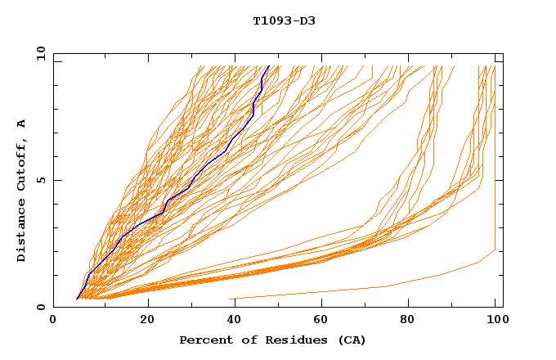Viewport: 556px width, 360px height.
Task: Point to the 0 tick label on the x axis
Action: [x=53, y=320]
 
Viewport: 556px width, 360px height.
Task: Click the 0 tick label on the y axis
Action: [x=40, y=308]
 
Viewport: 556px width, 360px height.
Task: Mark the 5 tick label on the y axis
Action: [x=40, y=180]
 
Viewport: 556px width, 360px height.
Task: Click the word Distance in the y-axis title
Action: [x=22, y=233]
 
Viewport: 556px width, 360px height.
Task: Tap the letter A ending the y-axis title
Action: [x=22, y=124]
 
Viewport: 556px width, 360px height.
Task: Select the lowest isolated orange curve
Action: [x=384, y=286]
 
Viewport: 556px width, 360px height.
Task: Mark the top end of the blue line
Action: [x=269, y=65]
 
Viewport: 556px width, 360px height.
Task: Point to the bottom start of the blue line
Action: [x=77, y=299]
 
